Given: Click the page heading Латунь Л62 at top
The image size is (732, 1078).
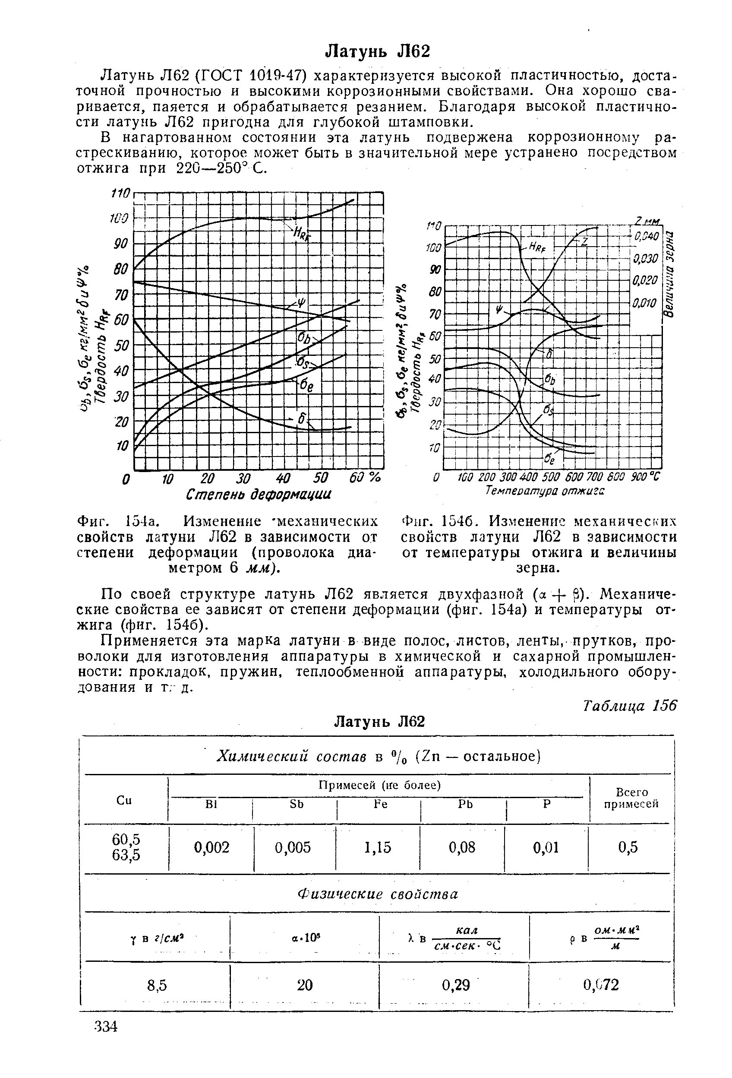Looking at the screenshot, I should [x=377, y=51].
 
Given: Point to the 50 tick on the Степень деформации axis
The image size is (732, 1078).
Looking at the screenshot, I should [x=320, y=478].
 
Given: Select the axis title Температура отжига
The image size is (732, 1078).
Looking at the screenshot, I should [x=545, y=490].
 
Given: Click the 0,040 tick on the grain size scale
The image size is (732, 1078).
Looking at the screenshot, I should [x=646, y=237].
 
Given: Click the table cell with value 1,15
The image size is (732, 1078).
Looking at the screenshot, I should [x=378, y=847].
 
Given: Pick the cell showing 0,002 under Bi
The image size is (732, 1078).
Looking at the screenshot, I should [x=211, y=847].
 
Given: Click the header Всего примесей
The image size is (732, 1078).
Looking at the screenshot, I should [x=631, y=797].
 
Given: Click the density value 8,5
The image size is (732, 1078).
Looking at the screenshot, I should [x=157, y=985].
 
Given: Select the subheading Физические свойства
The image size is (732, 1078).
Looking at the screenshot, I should [x=377, y=894].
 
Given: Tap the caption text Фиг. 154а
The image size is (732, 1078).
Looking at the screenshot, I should [x=119, y=521].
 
